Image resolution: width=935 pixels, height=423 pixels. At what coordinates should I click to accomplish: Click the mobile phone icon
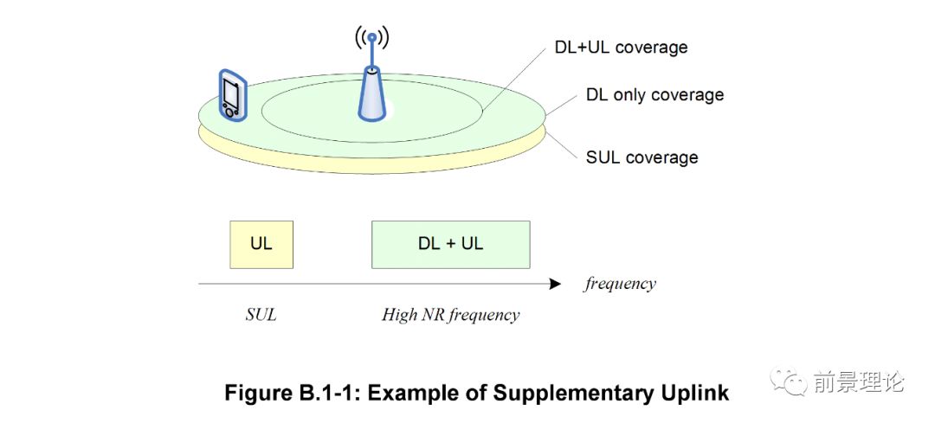point(230,94)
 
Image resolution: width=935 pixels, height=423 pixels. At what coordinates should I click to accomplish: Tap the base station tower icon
point(371,91)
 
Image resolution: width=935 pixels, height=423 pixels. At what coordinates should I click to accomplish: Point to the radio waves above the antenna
point(371,37)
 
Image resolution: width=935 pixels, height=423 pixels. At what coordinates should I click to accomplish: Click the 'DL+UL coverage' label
point(621,47)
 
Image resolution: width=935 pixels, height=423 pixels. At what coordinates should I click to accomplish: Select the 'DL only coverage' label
point(654,94)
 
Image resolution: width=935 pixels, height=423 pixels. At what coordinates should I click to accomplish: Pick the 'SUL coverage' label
point(642,157)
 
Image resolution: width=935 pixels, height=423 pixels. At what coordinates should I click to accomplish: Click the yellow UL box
point(261,244)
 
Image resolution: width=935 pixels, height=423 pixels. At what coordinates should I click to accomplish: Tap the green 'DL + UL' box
point(450,244)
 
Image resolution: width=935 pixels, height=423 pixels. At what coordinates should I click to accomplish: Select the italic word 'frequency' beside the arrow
point(620,284)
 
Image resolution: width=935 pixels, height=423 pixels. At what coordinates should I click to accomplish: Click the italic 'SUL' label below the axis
point(261,315)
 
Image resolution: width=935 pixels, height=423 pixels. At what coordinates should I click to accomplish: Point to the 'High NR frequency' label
point(450,315)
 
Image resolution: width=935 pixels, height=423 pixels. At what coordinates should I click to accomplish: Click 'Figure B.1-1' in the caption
point(285,393)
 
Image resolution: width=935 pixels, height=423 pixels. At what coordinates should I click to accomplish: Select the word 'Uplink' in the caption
point(700,393)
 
